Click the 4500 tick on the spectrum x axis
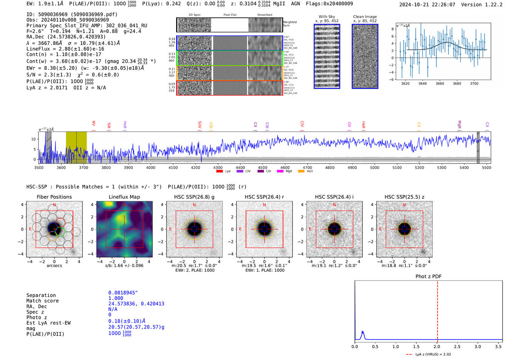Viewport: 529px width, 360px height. point(263,167)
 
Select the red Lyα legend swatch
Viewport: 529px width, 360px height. point(219,172)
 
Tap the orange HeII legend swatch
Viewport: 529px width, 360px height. point(301,172)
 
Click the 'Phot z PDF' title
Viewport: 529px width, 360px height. point(428,277)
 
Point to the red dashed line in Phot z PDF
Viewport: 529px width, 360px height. point(438,310)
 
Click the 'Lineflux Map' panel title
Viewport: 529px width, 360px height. point(124,197)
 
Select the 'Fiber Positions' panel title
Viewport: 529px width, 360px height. point(54,197)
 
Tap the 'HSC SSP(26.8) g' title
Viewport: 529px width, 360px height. point(194,197)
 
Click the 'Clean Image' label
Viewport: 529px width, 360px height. point(365,17)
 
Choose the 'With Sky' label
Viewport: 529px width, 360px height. point(327,17)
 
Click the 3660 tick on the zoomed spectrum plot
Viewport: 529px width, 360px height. point(440,83)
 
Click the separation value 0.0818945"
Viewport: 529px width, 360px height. point(123,293)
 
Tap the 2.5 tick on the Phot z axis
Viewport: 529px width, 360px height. point(457,346)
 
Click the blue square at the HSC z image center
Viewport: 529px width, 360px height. point(404,229)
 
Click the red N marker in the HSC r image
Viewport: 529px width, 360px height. point(264,205)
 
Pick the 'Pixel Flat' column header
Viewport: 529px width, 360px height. point(230,15)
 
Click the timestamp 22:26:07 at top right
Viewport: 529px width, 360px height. point(443,5)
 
